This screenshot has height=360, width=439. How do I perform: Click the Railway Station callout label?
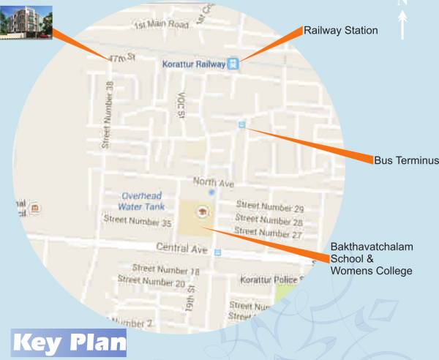[341, 31]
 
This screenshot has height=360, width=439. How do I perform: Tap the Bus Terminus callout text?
[405, 160]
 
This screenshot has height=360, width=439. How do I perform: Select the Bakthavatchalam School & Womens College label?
[371, 259]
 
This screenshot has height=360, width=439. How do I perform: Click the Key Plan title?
[69, 342]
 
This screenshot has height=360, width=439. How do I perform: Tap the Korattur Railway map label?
[192, 64]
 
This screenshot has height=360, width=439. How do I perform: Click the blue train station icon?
[233, 64]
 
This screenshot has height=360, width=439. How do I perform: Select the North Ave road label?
[211, 181]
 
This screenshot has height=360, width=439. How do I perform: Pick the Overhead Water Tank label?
[140, 201]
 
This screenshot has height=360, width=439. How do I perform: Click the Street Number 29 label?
[269, 208]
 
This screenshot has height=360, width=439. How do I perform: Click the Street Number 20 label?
[151, 281]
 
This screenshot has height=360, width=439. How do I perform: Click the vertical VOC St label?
[181, 105]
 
